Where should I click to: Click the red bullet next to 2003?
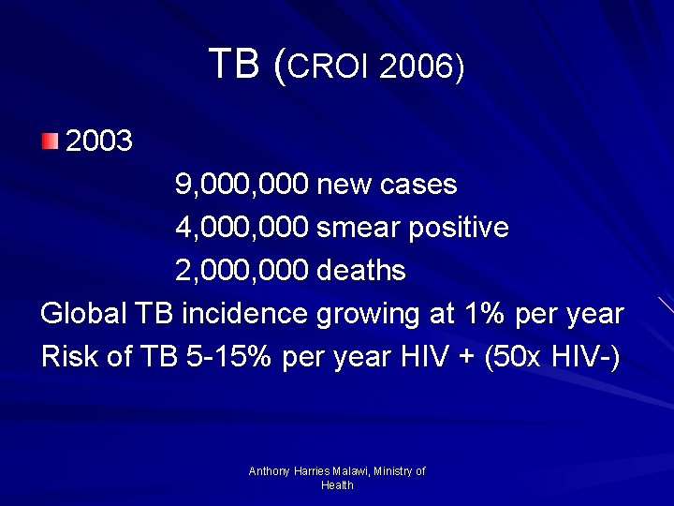50,141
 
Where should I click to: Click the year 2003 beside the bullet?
100,141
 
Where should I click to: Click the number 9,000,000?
242,185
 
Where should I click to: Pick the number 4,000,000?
242,228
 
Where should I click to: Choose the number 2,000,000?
242,271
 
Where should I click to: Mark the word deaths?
361,271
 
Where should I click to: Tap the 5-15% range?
227,357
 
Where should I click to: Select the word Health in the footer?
337,485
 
